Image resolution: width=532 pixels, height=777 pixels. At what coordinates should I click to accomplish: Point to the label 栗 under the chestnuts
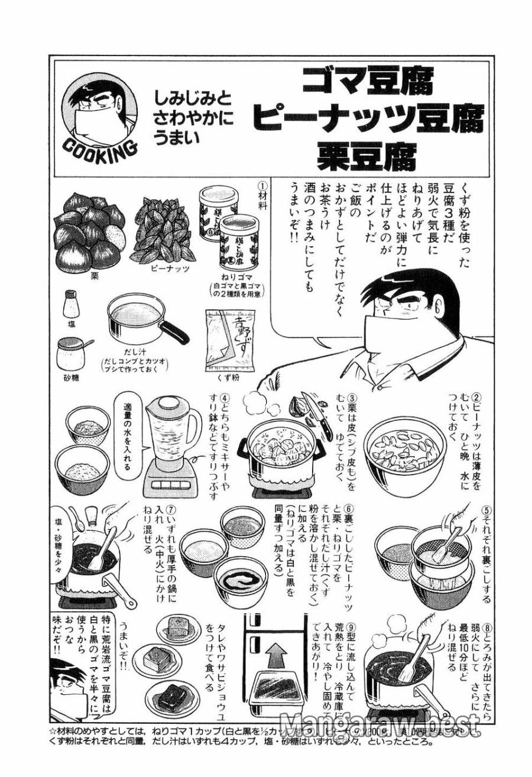[x=94, y=275]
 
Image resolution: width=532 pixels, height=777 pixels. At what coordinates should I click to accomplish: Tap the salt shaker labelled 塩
[x=72, y=304]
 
